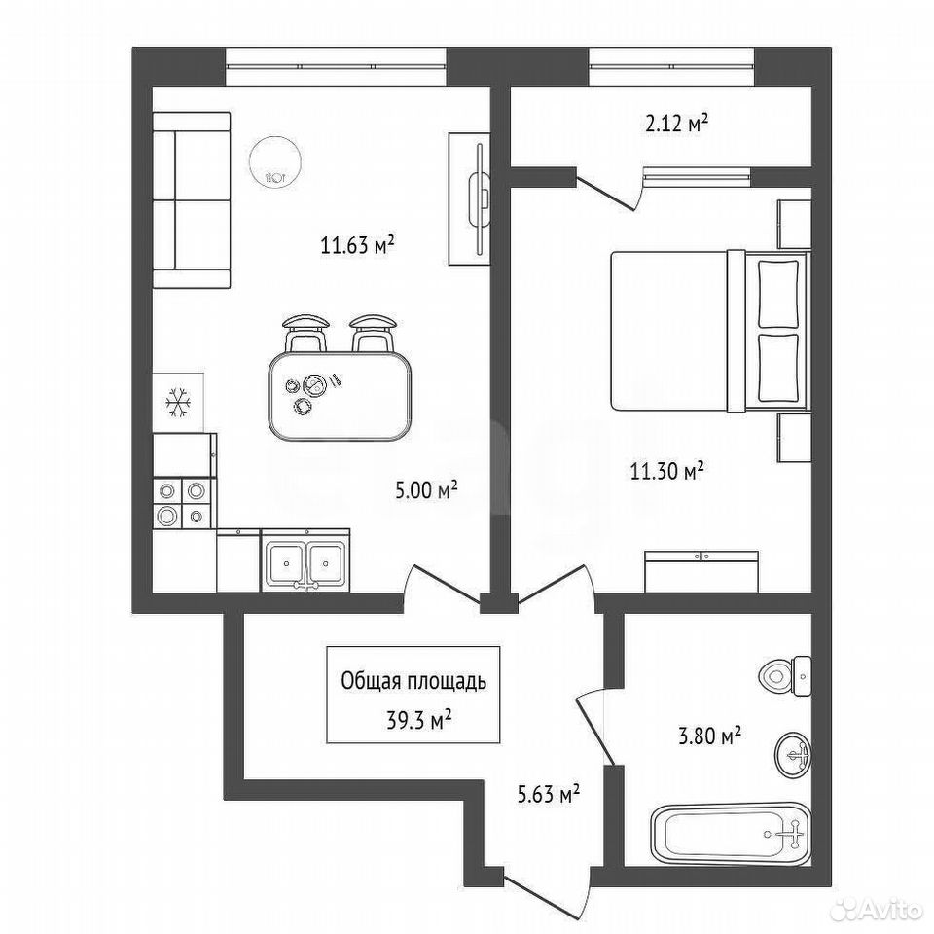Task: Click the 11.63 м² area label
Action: [x=358, y=244]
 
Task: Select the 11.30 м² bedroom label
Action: [x=667, y=471]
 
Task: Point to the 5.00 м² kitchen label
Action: [x=426, y=490]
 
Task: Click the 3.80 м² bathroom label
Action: [x=709, y=736]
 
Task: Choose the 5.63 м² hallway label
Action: [x=549, y=794]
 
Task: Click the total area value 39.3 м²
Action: [x=418, y=721]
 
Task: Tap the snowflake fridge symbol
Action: [x=178, y=402]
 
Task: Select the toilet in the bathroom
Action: [x=785, y=676]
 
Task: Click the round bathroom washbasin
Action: [x=794, y=755]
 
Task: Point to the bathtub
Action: [x=731, y=834]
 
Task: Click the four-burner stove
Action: [x=182, y=503]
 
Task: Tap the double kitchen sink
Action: [x=305, y=562]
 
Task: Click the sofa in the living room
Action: [x=192, y=200]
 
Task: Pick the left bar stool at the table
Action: [x=305, y=333]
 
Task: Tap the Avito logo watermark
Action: [x=880, y=909]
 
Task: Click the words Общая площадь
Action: [x=413, y=682]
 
